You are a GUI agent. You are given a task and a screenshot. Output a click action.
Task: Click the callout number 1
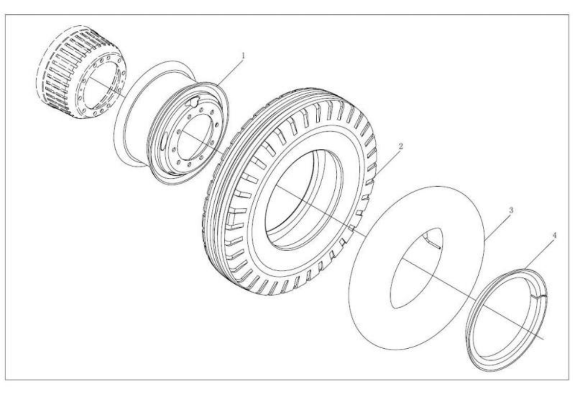[x=243, y=56]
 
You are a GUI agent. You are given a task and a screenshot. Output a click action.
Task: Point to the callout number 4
[x=554, y=235]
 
